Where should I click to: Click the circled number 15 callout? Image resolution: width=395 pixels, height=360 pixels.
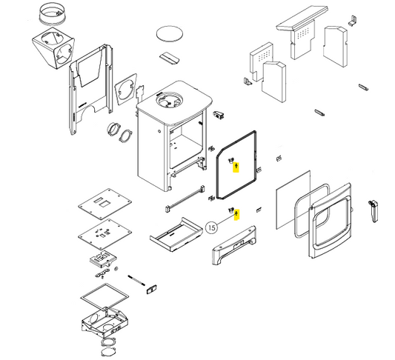(x=212, y=227)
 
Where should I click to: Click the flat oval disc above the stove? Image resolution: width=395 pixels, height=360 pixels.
(x=169, y=33)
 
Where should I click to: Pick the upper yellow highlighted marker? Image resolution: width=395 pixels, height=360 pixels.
(x=236, y=167)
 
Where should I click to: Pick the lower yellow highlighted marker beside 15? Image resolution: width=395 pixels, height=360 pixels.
(x=236, y=215)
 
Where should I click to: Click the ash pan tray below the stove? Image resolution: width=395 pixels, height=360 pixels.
(x=176, y=235)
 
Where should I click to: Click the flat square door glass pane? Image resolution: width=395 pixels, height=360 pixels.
(x=293, y=200)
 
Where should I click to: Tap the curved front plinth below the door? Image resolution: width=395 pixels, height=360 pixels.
(x=233, y=245)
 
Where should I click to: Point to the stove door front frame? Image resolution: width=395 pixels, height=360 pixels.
(x=330, y=221)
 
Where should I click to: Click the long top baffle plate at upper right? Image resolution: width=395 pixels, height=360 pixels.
(x=302, y=19)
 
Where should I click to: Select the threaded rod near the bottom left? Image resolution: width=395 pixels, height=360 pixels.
(x=136, y=281)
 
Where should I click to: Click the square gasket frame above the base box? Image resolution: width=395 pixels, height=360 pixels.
(x=104, y=296)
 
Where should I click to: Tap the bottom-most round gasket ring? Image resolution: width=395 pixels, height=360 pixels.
(x=109, y=351)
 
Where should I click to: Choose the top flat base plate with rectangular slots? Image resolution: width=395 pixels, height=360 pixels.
(x=104, y=204)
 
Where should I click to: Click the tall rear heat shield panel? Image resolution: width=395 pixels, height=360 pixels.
(x=90, y=90)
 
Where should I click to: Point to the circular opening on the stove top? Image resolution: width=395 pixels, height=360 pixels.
(x=169, y=100)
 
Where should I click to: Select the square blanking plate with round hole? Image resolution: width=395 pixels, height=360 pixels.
(x=126, y=89)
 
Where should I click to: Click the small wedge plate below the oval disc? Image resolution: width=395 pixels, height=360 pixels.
(x=169, y=59)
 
